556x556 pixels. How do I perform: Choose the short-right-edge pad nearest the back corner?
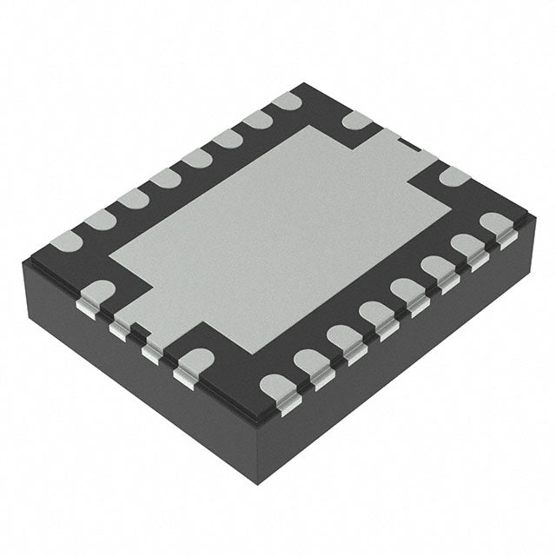coord(355,120)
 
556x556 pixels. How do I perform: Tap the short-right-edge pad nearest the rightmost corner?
coord(453,177)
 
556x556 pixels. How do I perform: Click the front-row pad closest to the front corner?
coord(277,384)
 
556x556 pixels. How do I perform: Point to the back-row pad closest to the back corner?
coord(286,102)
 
